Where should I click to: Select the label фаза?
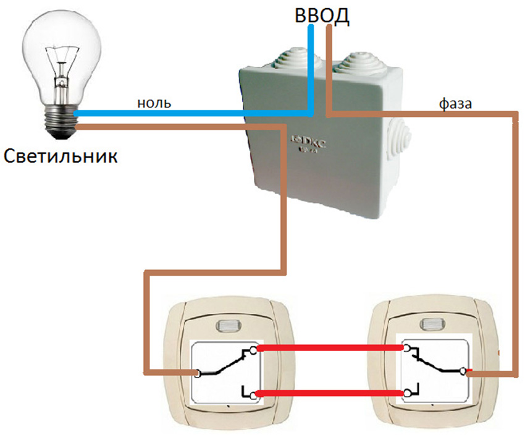pyautogui.click(x=456, y=104)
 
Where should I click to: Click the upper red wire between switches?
pyautogui.click(x=330, y=349)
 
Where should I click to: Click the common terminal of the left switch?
pyautogui.click(x=197, y=373)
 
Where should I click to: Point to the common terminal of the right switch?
pyautogui.click(x=463, y=371)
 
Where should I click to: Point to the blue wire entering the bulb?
pyautogui.click(x=86, y=114)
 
